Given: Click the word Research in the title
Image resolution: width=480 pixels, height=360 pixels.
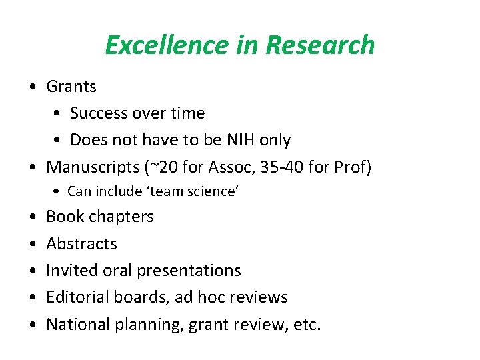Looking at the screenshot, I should click(x=320, y=45).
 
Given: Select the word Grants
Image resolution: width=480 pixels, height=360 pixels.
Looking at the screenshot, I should click(x=71, y=87).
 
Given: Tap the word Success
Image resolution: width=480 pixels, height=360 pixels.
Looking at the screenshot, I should click(x=99, y=113).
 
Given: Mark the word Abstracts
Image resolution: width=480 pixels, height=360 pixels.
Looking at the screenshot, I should click(x=81, y=244).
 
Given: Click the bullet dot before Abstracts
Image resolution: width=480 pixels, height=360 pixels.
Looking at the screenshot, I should click(x=33, y=244).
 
